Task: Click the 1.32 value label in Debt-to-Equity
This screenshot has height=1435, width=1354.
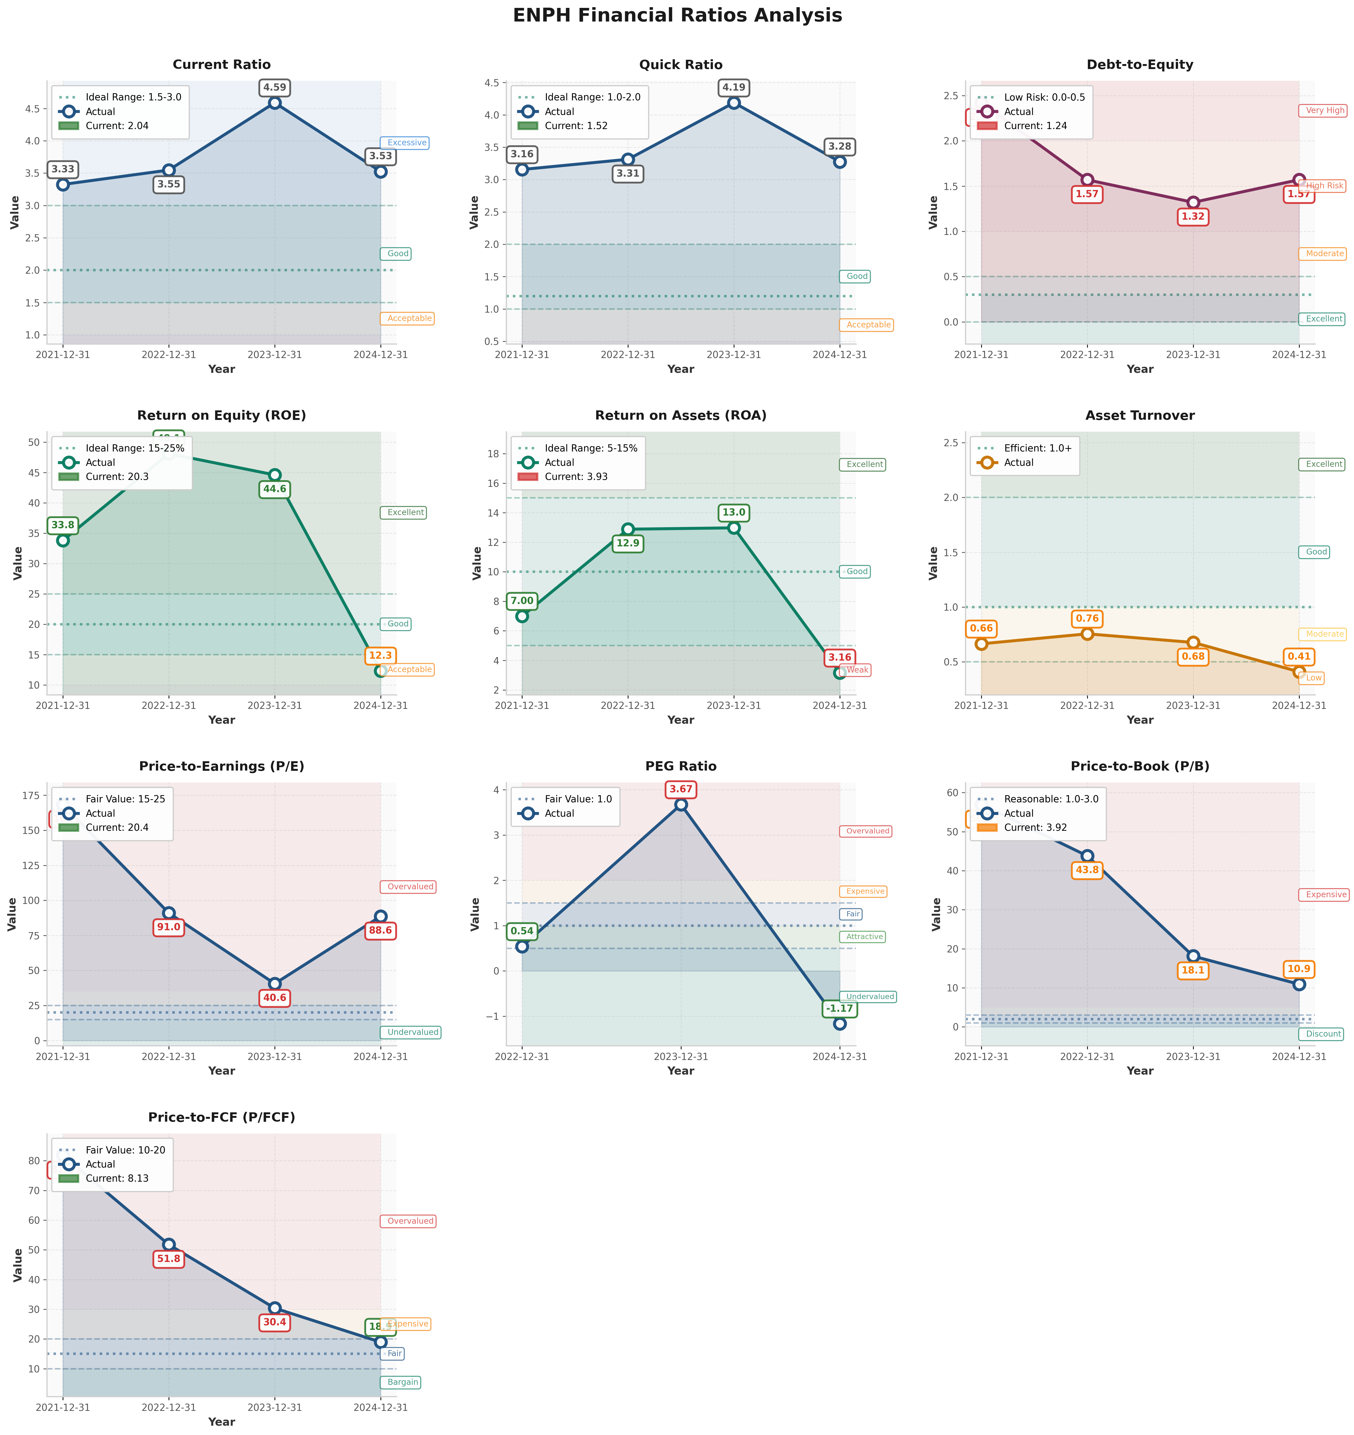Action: tap(1193, 217)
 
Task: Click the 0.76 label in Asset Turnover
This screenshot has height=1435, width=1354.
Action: tap(1087, 619)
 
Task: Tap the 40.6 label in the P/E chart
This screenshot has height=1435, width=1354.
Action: tap(274, 998)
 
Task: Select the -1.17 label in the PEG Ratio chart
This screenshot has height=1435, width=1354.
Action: tap(839, 1008)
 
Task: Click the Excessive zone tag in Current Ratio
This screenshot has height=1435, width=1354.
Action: tap(406, 143)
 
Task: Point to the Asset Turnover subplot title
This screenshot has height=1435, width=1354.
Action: tap(1139, 416)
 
